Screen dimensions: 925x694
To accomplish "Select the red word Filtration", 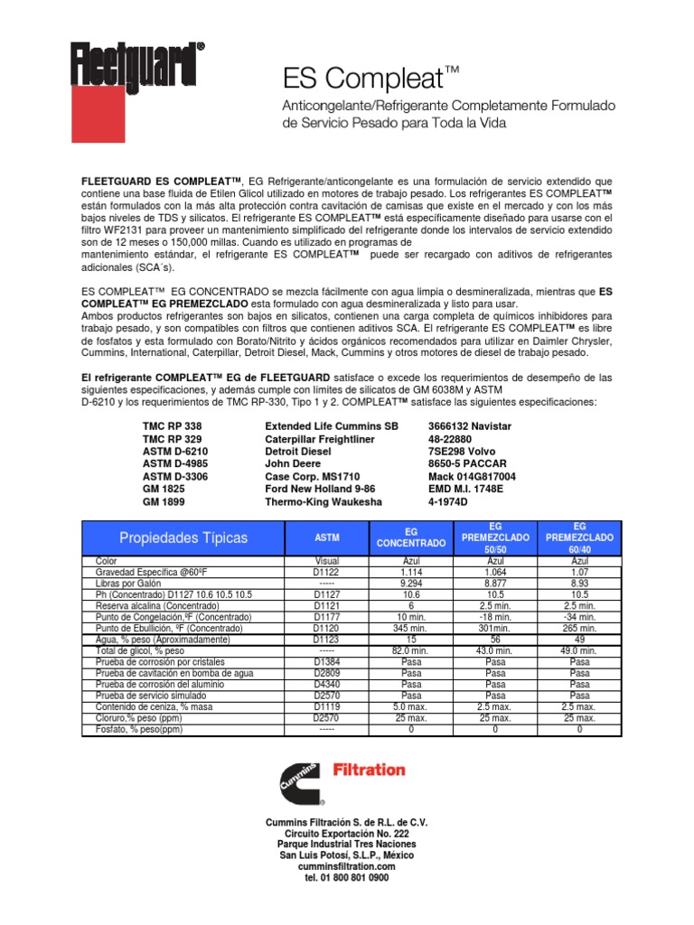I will coord(370,770).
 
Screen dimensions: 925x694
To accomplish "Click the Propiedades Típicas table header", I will coord(172,537).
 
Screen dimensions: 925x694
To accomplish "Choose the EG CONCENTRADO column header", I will coord(411,537).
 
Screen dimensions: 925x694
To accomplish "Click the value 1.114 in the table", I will coord(411,572).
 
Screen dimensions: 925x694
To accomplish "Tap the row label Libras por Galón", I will coord(132,583).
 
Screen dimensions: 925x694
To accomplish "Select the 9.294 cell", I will coord(411,583).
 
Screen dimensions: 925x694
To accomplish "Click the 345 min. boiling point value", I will coord(411,628).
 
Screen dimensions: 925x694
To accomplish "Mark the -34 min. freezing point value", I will coord(579,617).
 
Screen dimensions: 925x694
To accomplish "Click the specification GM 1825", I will coord(164,488).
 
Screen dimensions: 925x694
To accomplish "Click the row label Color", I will coord(107,561).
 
